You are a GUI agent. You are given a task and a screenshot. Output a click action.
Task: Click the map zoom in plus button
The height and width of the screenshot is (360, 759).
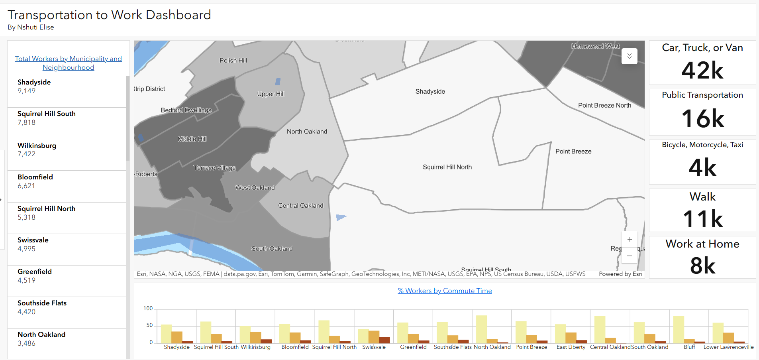(x=630, y=240)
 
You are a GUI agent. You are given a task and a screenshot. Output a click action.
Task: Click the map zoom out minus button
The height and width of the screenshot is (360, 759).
(x=630, y=256)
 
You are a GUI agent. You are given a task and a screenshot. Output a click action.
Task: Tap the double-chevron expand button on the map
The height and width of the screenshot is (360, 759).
(x=630, y=56)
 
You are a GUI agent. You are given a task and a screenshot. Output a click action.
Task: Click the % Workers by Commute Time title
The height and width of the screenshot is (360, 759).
(x=445, y=291)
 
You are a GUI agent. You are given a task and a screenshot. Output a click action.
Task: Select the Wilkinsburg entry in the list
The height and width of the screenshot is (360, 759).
(x=37, y=146)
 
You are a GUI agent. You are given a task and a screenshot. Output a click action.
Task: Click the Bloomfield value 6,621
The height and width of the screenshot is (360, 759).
(x=26, y=186)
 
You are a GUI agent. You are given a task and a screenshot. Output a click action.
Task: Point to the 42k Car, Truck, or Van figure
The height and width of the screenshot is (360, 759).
(x=702, y=71)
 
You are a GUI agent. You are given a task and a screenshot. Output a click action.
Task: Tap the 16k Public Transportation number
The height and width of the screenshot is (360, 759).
(x=702, y=118)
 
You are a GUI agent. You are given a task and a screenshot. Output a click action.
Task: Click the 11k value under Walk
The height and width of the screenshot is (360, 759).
(x=702, y=218)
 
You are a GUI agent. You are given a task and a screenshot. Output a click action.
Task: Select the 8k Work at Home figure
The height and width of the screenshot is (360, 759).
(x=702, y=266)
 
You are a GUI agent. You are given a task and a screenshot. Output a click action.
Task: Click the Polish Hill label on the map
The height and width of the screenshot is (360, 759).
(x=233, y=61)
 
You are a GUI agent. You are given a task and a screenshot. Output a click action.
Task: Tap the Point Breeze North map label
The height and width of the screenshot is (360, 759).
(x=604, y=105)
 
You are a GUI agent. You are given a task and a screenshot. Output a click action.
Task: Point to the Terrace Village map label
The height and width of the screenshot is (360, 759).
(x=215, y=168)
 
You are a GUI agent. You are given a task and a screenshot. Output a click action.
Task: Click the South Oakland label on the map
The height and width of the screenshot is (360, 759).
(x=272, y=249)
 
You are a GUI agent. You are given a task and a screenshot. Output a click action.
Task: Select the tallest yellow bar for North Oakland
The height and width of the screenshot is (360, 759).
(x=481, y=329)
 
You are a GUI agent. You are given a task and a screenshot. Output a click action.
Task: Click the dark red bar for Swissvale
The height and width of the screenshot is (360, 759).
(x=384, y=340)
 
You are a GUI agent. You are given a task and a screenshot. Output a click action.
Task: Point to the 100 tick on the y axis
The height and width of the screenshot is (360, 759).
(x=148, y=308)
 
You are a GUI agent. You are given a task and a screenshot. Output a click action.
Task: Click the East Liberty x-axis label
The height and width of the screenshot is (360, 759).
(x=571, y=347)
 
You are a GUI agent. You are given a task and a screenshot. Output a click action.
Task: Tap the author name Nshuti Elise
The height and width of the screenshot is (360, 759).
(x=35, y=27)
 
